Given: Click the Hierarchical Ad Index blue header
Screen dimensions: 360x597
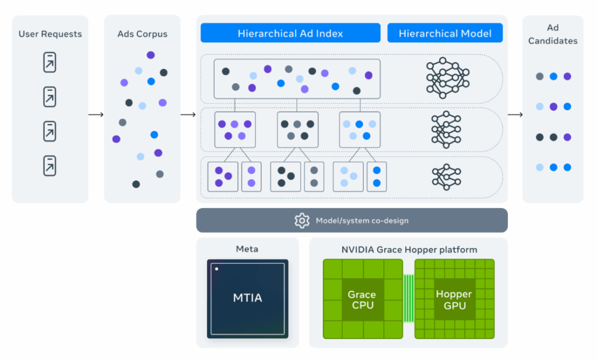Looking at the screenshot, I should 290,33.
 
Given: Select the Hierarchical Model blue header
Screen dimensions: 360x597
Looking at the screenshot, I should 445,33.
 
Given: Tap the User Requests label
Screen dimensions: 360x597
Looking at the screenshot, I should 50,34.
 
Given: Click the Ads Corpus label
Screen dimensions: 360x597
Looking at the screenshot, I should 142,34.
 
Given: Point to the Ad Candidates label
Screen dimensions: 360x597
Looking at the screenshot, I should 553,34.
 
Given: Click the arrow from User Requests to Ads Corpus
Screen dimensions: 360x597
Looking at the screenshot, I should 96,114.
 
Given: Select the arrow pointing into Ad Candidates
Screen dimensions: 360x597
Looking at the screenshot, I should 515,114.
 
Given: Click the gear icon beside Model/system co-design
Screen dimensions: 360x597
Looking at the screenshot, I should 302,220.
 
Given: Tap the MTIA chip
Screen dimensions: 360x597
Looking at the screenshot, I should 248,298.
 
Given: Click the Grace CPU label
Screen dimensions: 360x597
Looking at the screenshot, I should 361,299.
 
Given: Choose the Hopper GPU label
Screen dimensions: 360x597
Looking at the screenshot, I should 454,299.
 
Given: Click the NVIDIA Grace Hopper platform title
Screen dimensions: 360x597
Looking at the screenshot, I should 409,250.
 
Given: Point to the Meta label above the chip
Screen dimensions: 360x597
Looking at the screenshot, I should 247,249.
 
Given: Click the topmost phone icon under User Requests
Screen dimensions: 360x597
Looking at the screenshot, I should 50,62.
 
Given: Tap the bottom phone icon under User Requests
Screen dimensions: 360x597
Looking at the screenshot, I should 50,165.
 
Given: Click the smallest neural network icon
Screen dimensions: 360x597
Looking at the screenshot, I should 446,176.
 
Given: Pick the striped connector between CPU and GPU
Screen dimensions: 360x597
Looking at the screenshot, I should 408,299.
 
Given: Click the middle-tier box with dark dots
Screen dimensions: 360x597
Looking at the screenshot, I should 297,129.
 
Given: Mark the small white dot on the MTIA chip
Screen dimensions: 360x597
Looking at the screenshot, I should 216,269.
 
